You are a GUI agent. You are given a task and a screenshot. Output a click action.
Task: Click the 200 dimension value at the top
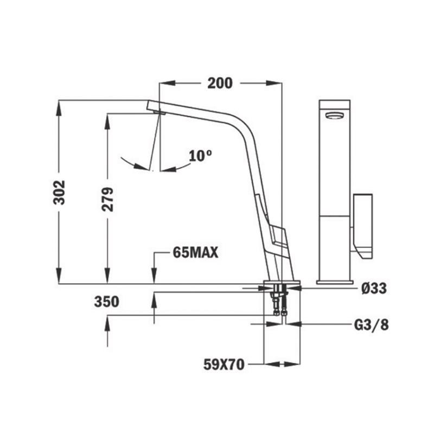[x=220, y=83]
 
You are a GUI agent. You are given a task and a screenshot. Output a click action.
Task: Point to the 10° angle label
[x=200, y=156]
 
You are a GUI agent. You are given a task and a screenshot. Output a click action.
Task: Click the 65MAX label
[x=195, y=252]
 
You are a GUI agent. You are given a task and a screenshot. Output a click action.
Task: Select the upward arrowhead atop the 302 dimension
[x=59, y=106]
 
